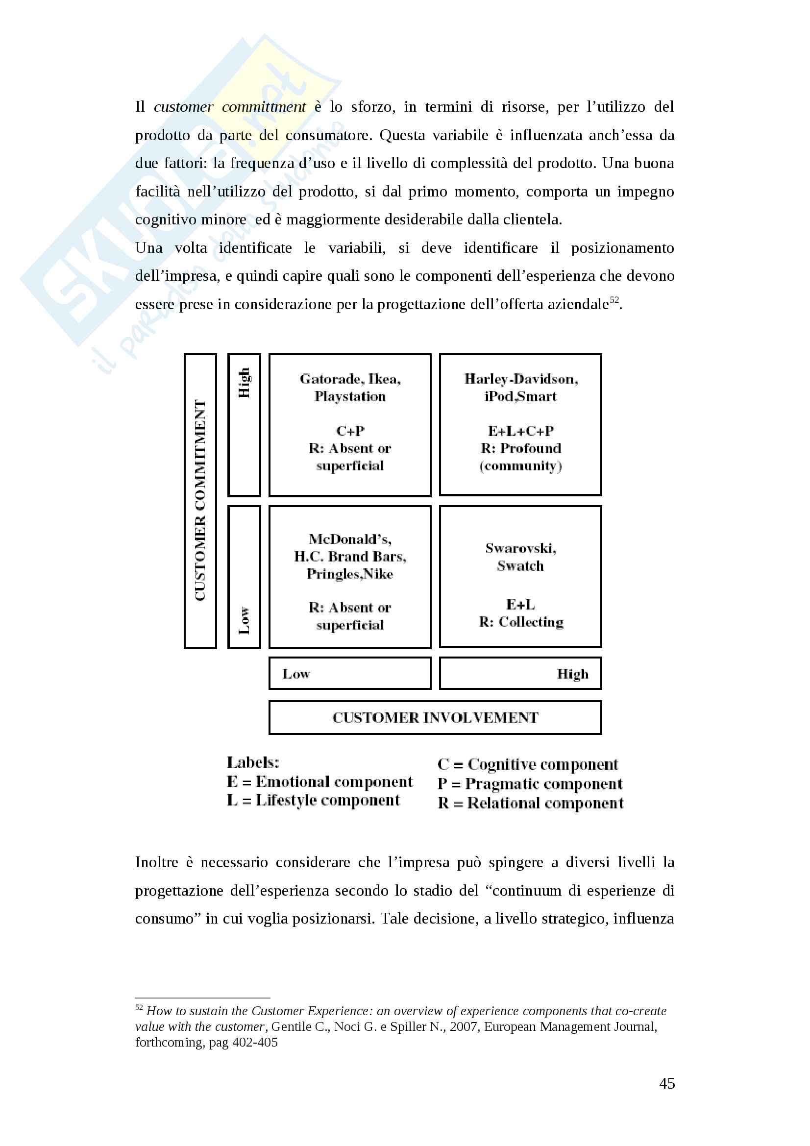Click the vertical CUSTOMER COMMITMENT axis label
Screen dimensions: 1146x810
click(x=200, y=501)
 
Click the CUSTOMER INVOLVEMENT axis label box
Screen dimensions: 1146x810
click(x=435, y=717)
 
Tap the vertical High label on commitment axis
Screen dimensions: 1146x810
click(x=244, y=383)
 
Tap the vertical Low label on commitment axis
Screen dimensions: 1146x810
click(x=244, y=620)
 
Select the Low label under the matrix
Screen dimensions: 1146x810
click(x=296, y=674)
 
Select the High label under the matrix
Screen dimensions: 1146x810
click(x=572, y=674)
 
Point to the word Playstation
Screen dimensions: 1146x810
click(x=350, y=396)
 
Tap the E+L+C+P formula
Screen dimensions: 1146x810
click(x=520, y=431)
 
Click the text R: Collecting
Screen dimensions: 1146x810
click(x=520, y=622)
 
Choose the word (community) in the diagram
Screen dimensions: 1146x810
click(x=520, y=465)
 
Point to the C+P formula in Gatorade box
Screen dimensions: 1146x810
click(x=350, y=431)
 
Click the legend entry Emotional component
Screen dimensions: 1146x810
click(x=320, y=781)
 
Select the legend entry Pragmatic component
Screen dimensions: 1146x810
click(x=530, y=784)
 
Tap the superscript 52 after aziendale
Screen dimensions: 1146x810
click(x=614, y=299)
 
